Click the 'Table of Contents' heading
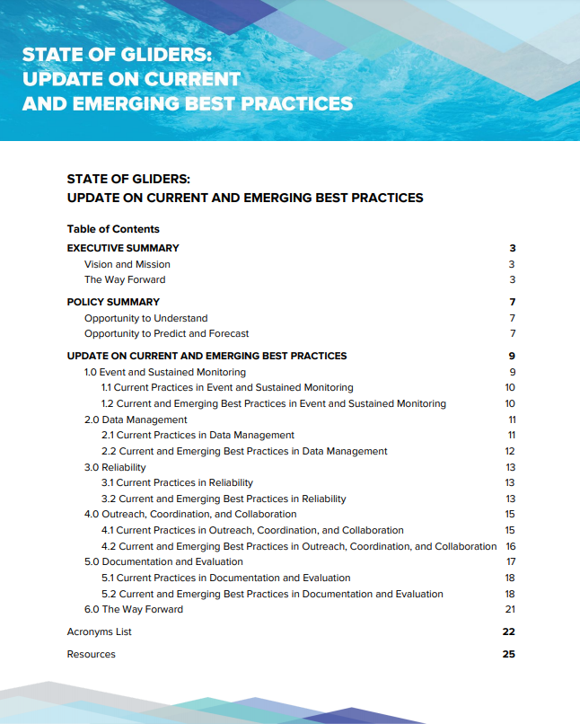113,229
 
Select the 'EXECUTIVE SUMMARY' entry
123,248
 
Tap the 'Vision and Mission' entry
127,264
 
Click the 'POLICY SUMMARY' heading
113,302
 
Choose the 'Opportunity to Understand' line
145,318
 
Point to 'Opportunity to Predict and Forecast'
166,333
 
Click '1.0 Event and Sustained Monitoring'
164,372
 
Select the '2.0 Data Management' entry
136,419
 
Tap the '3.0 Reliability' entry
115,467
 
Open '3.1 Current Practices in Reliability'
177,482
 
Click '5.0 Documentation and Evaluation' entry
163,561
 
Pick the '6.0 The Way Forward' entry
133,609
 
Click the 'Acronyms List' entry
99,631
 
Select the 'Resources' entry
91,654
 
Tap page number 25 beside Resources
508,654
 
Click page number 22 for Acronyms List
508,631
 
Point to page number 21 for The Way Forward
510,609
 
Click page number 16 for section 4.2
510,546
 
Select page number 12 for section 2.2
510,451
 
